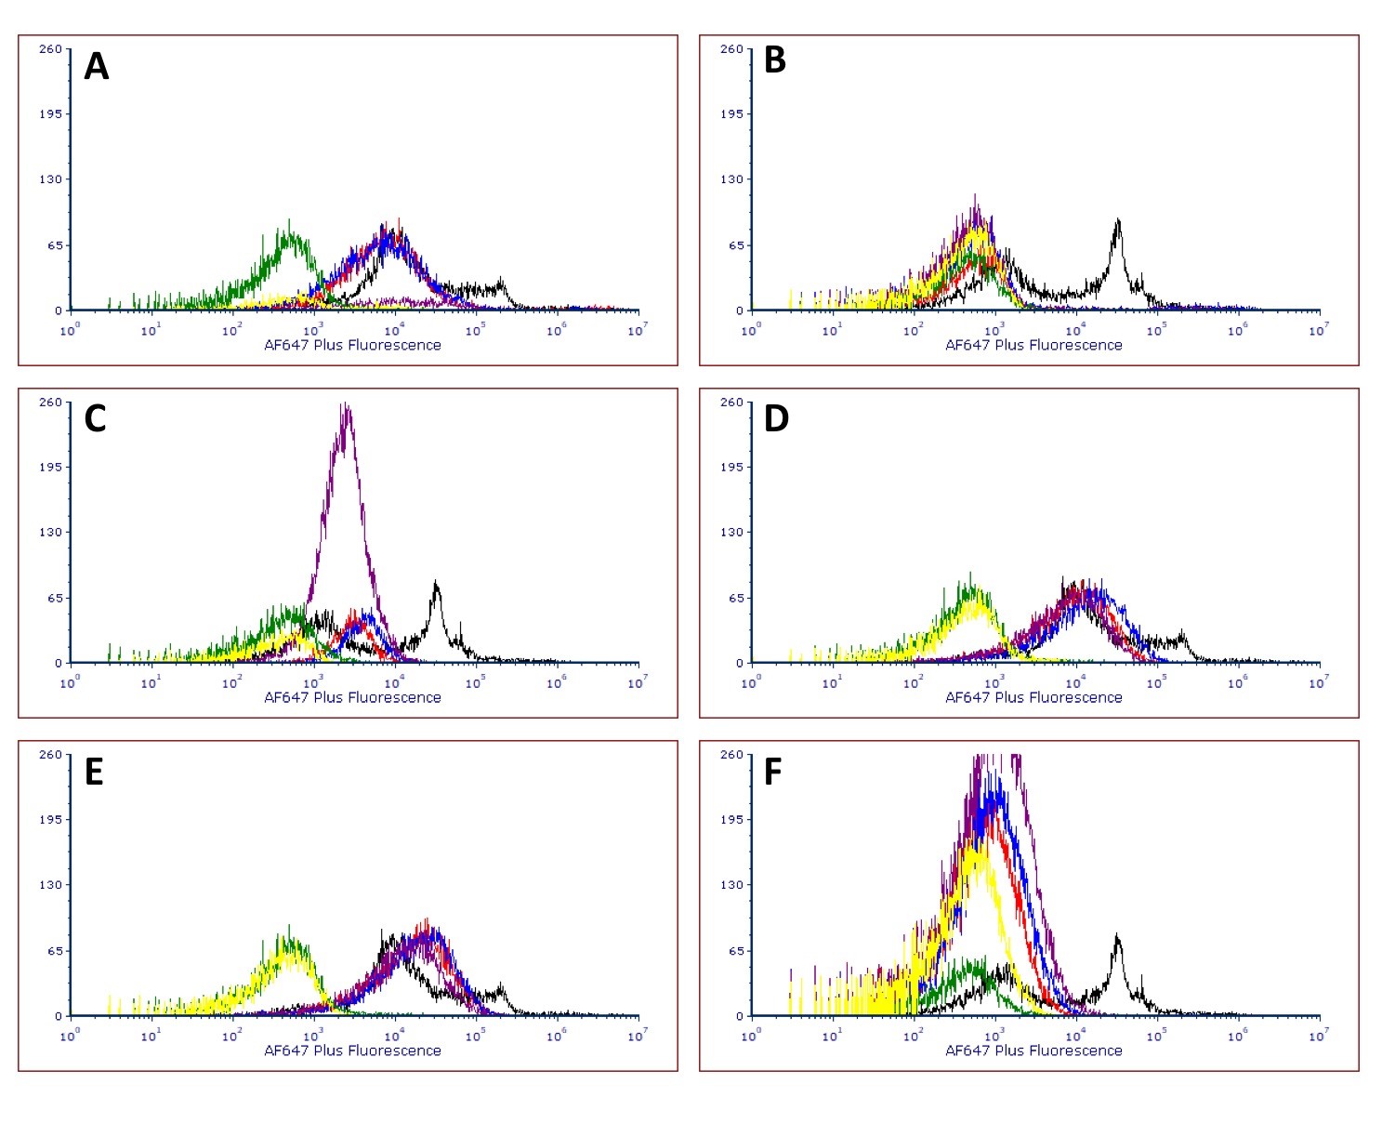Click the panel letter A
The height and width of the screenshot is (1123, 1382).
(96, 67)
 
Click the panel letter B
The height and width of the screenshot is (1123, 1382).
(774, 59)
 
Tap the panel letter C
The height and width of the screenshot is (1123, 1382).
(95, 419)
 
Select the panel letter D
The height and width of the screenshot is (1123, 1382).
(775, 419)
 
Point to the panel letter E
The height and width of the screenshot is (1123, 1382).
(94, 773)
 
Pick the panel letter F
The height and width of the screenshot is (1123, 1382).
(772, 773)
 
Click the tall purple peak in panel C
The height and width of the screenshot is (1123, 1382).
(346, 409)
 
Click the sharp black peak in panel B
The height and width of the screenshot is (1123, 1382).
(1118, 223)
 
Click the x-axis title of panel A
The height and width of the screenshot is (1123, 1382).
(352, 345)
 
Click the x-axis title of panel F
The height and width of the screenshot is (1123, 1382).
(1033, 1050)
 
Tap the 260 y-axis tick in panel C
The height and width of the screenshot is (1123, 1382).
(51, 402)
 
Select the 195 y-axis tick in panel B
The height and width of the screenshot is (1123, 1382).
(732, 113)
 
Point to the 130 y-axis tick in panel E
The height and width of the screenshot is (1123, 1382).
(51, 884)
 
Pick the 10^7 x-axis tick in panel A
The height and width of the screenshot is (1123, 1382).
(637, 328)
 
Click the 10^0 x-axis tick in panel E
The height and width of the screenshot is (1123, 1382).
(71, 1034)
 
